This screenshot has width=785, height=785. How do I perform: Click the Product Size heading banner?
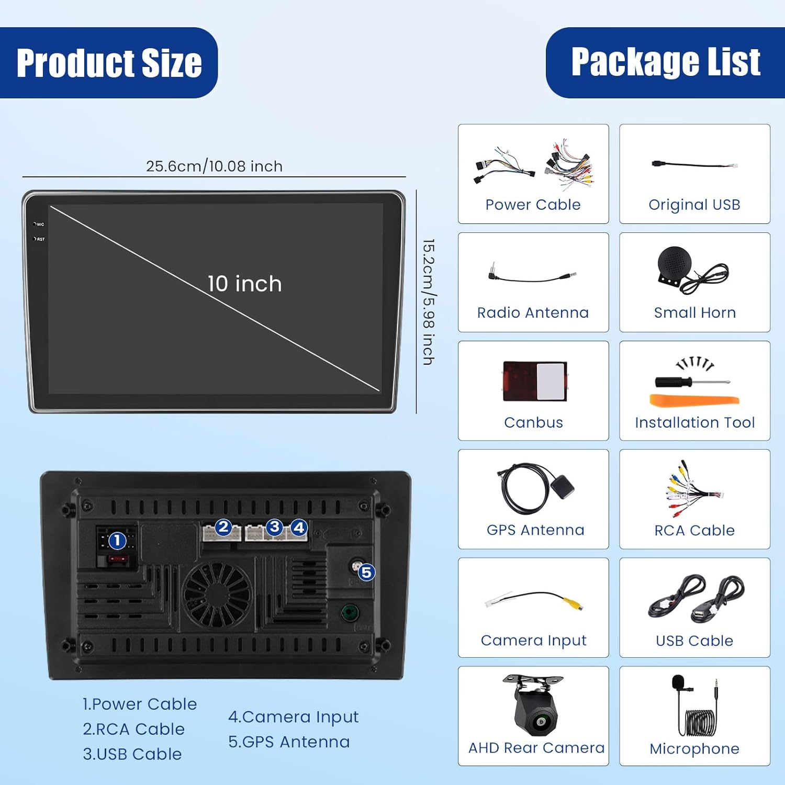[109, 63]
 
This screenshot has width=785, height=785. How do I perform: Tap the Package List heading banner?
[665, 62]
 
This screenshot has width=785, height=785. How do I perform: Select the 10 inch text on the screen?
[244, 284]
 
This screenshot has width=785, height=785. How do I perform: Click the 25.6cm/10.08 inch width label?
[214, 166]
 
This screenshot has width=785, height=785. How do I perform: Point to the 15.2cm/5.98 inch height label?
[429, 302]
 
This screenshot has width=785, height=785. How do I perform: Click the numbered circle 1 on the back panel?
[117, 541]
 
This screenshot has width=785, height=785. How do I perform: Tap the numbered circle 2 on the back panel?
[223, 527]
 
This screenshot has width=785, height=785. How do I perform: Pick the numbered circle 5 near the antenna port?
[366, 573]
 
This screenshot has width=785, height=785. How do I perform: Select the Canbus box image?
[534, 380]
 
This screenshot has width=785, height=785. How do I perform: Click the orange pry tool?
[694, 401]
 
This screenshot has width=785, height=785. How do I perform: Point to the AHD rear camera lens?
[540, 723]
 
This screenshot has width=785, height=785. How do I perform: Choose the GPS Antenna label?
[535, 530]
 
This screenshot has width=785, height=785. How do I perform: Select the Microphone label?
[694, 749]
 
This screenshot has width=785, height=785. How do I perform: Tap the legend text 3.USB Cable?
[132, 754]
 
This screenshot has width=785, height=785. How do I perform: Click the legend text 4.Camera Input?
[293, 717]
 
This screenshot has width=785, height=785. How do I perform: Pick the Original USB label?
[694, 205]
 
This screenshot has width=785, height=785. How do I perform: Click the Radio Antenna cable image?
[532, 276]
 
